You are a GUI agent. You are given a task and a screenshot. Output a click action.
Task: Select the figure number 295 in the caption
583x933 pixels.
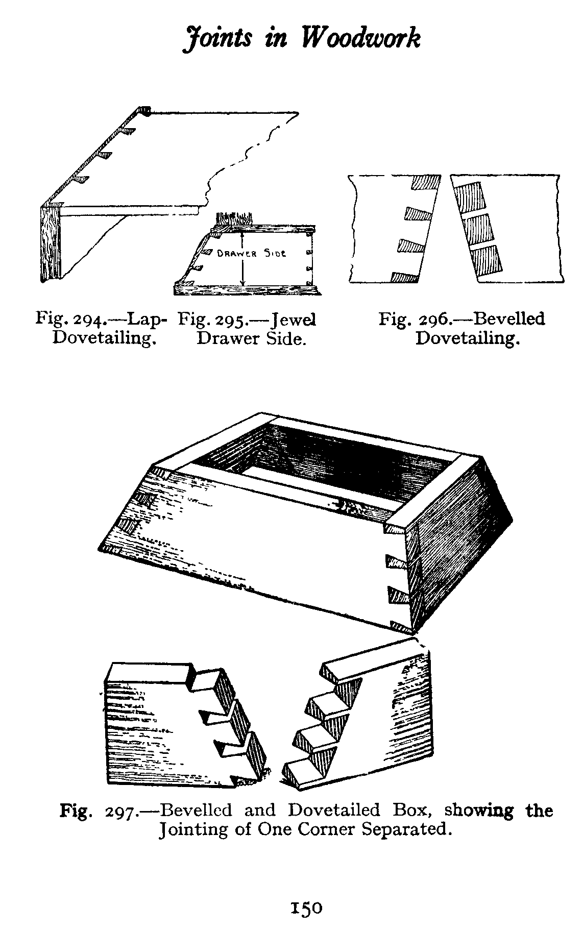point(232,321)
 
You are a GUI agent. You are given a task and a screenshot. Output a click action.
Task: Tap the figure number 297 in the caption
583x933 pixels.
point(120,811)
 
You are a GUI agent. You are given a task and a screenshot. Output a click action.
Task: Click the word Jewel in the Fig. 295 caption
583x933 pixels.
point(294,320)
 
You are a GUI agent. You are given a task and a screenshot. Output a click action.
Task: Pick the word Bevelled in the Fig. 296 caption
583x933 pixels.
point(508,319)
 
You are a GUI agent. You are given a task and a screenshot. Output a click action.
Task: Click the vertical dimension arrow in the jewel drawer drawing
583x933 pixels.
point(243,258)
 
